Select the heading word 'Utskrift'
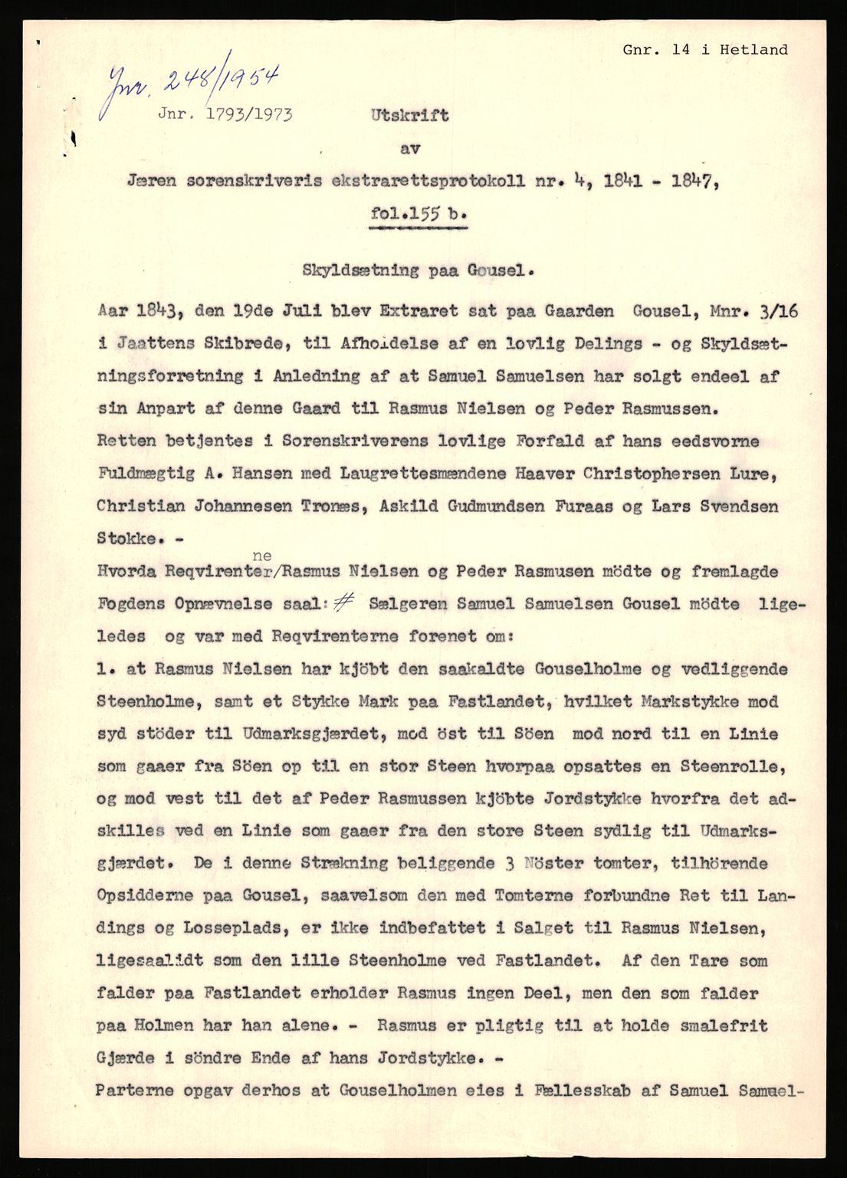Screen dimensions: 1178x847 (410, 116)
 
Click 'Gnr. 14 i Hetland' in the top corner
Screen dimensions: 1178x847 (704, 50)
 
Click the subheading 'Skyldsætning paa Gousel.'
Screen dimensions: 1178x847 (417, 270)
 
